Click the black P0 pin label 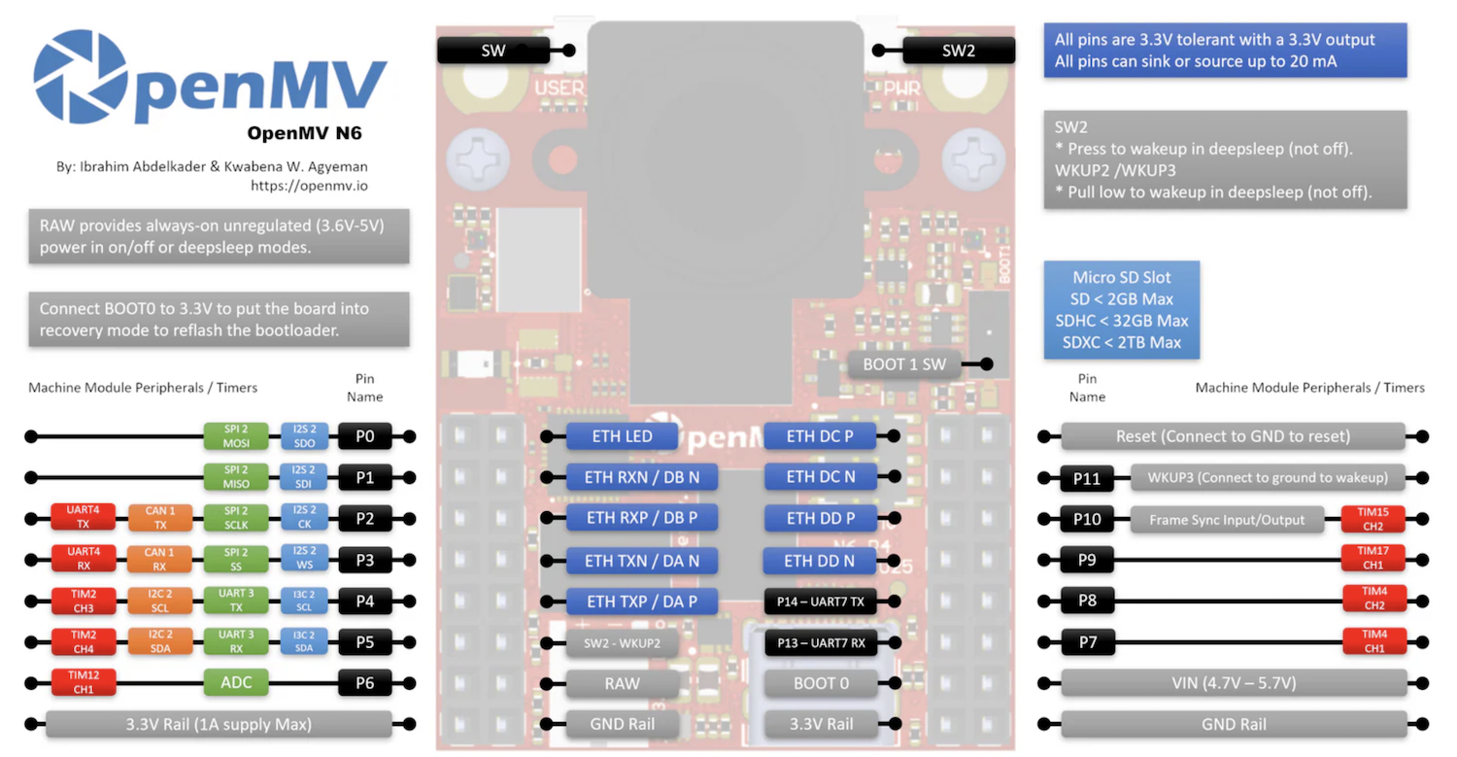click(x=364, y=436)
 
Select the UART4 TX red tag click(x=83, y=518)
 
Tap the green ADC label click(x=236, y=683)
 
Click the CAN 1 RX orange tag click(x=160, y=559)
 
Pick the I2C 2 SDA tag click(x=160, y=641)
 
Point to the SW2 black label click(x=958, y=51)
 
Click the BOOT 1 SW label click(x=904, y=365)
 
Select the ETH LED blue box click(x=622, y=436)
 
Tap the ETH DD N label click(x=820, y=561)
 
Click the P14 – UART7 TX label click(x=820, y=602)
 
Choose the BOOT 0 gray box click(x=821, y=683)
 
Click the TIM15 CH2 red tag click(x=1372, y=519)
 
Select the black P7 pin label click(x=1087, y=641)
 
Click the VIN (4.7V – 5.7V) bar click(x=1233, y=683)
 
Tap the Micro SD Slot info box click(x=1121, y=310)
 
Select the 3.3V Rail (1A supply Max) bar click(x=219, y=724)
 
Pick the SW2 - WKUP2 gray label click(x=622, y=642)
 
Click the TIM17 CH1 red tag click(x=1372, y=560)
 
